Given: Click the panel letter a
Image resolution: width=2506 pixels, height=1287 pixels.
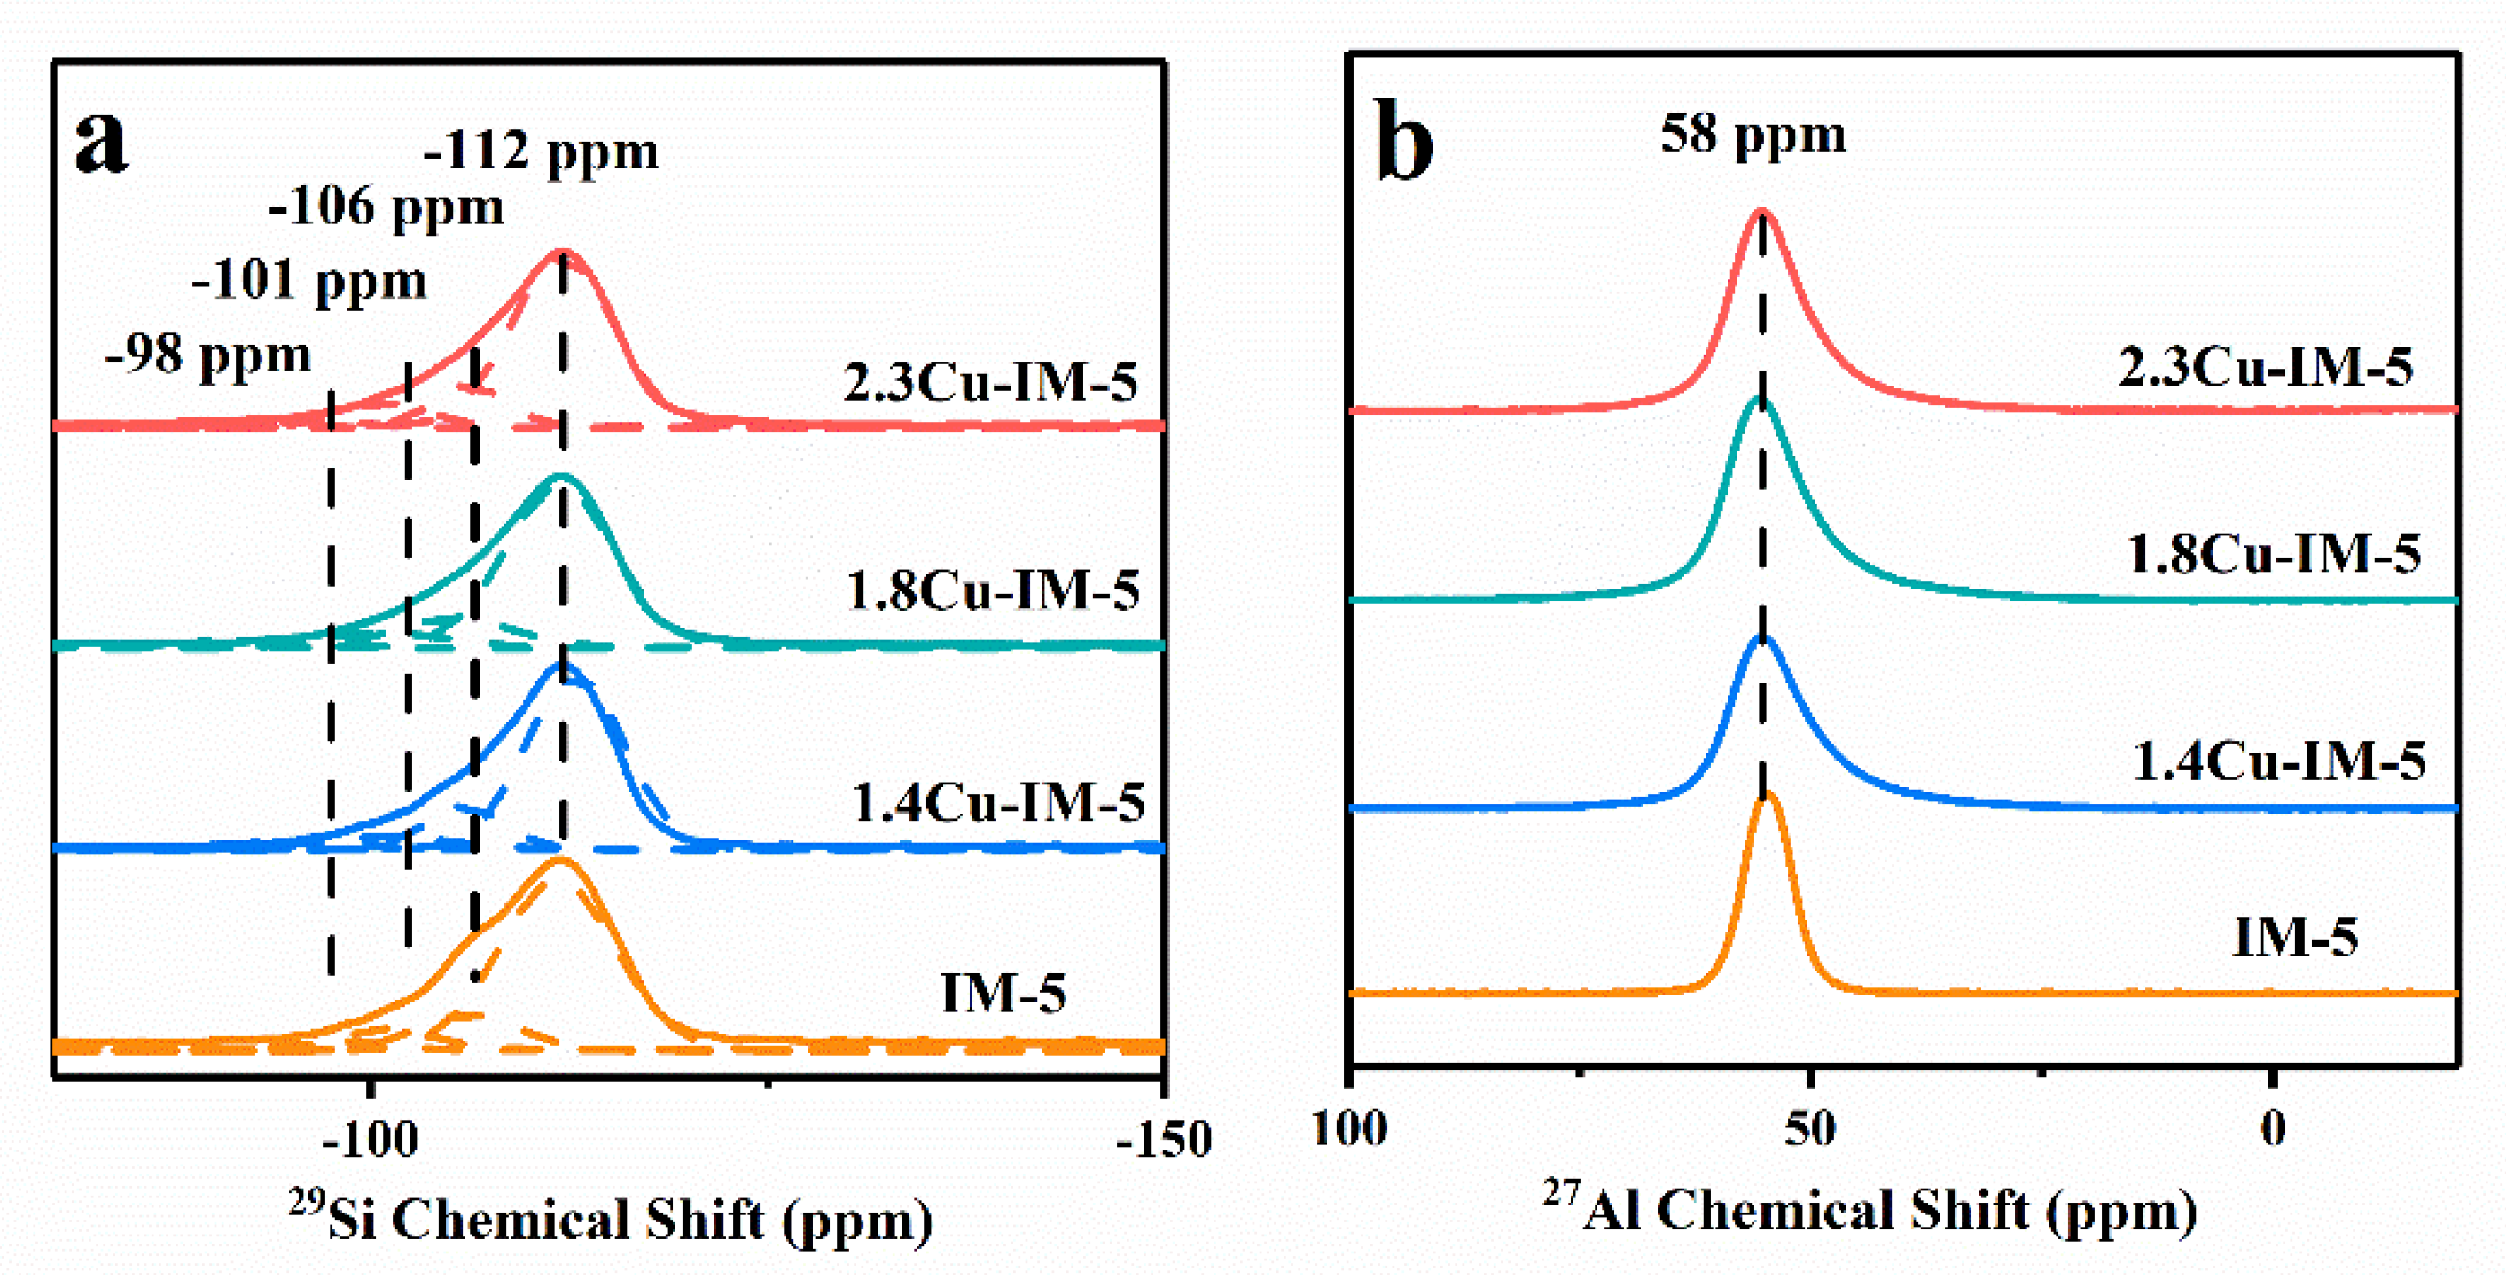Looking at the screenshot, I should [102, 143].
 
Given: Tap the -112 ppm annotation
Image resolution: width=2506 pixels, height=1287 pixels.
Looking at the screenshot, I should [541, 152].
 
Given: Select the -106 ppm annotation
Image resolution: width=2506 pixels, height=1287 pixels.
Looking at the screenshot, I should [386, 207].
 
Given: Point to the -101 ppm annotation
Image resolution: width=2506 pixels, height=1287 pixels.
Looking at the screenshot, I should [309, 281].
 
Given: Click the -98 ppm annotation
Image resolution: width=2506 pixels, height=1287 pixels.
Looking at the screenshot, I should [208, 355].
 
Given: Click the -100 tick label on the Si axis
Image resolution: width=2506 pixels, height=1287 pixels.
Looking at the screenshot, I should [370, 1140].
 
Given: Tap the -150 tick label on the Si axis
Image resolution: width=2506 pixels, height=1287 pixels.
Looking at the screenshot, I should [1165, 1140].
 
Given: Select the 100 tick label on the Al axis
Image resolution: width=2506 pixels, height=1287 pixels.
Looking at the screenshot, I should [1350, 1129].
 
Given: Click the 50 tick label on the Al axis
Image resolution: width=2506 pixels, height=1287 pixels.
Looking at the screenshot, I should [1810, 1129].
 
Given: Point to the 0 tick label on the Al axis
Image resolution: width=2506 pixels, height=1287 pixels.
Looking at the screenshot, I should [2273, 1129].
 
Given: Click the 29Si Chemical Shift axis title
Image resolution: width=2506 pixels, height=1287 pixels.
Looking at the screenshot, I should [611, 1219].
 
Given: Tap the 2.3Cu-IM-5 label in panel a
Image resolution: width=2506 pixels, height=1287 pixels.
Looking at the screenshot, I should [990, 382].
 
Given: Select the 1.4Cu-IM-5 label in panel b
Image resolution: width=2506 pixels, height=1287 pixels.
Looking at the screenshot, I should [2278, 761].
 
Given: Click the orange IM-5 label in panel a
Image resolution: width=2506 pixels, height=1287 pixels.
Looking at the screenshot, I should [1003, 994].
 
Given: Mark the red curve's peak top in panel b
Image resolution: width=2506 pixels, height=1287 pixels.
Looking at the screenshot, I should [1760, 211].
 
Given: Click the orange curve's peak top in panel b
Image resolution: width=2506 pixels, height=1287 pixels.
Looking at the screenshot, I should [1767, 794].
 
